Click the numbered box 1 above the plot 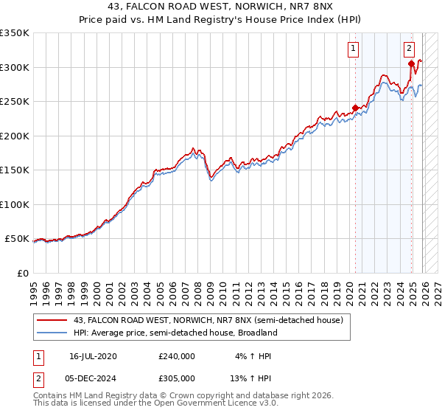click(354, 49)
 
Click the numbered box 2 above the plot click(409, 49)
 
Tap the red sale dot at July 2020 click(355, 108)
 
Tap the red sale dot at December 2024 click(411, 63)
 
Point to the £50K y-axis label click(17, 239)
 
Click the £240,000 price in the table click(177, 356)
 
